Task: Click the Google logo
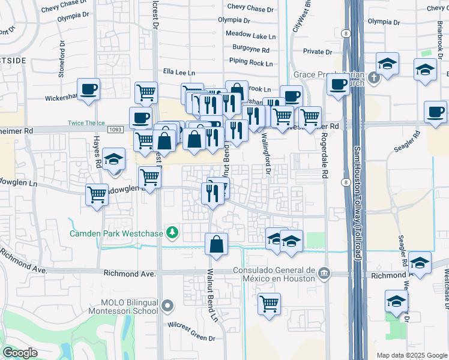coord(20,353)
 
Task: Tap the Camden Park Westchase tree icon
coord(173,232)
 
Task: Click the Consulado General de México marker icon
coord(324,274)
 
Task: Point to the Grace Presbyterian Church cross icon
coord(373,77)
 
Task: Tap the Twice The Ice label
coord(85,122)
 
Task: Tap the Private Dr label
coord(318,52)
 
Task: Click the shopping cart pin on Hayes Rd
coord(96,194)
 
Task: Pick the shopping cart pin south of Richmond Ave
coord(270,303)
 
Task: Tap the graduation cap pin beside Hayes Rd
coord(113,160)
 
